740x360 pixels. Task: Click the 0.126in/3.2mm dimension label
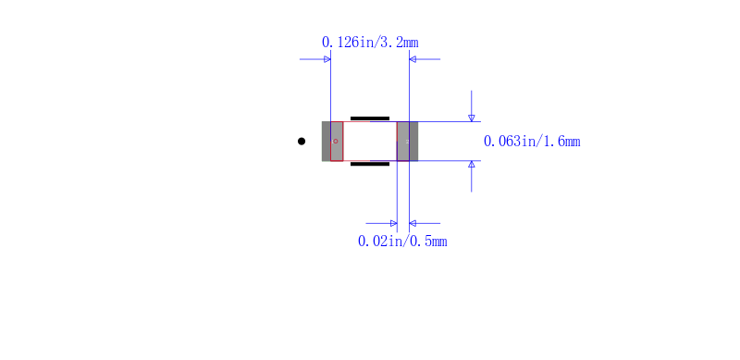click(370, 43)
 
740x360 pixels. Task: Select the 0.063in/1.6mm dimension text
click(532, 142)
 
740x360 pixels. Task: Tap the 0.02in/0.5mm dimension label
click(402, 242)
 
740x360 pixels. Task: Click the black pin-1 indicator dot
click(302, 142)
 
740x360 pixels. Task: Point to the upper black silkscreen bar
click(370, 118)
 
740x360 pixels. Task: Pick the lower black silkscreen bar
click(370, 164)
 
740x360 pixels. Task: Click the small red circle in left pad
click(336, 142)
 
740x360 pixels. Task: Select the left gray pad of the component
click(332, 142)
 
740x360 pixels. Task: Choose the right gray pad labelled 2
click(407, 142)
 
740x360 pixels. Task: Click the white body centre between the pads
click(370, 142)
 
